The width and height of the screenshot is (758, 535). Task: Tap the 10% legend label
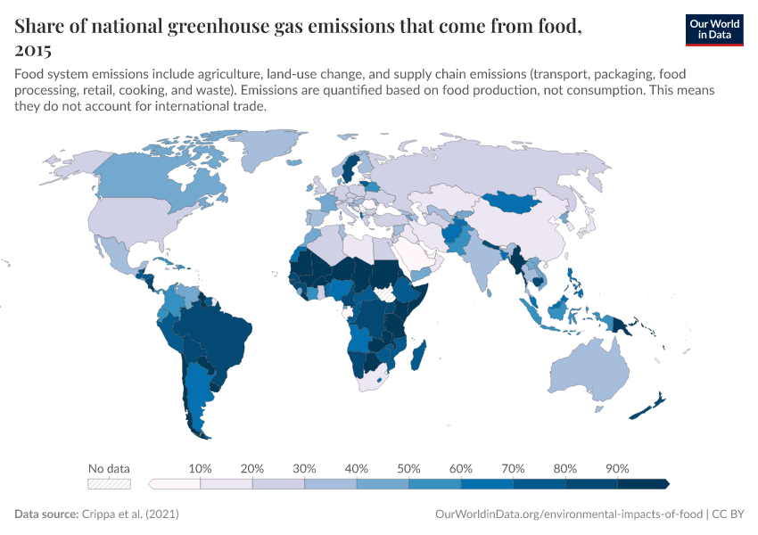[x=200, y=468]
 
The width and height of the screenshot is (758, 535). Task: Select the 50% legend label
[x=408, y=468]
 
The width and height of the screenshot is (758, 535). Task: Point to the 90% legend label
[x=617, y=468]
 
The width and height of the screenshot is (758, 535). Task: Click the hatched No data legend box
[x=109, y=484]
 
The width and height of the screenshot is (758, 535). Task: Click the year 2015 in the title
[x=33, y=51]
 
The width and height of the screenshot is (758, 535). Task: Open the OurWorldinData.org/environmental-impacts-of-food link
[x=569, y=514]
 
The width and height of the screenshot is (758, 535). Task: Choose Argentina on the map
[x=198, y=392]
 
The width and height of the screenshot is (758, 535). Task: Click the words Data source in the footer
[x=45, y=514]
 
